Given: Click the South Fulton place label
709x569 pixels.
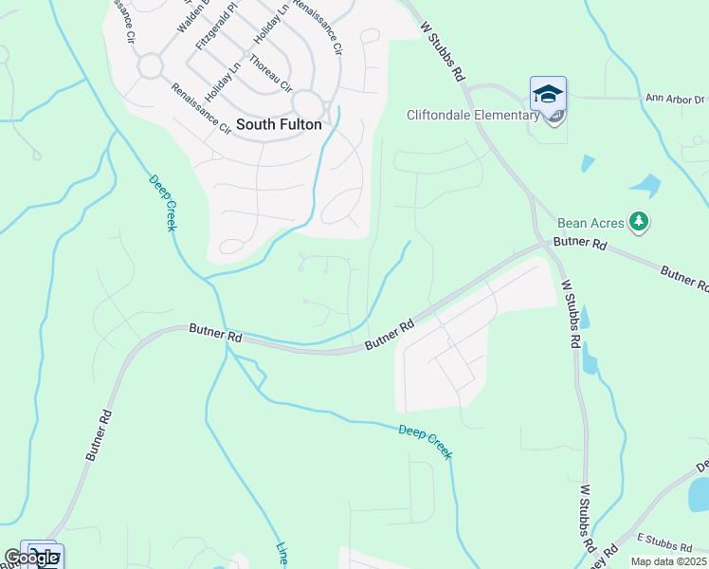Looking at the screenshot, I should [279, 124].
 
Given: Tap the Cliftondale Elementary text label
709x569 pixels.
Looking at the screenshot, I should [472, 116].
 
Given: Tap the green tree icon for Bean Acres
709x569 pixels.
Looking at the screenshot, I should [640, 222].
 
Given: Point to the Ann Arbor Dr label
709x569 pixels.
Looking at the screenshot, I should [675, 99].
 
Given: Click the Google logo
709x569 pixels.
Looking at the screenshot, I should [31, 558].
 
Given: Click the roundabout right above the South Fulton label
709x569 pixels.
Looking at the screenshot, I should [308, 104].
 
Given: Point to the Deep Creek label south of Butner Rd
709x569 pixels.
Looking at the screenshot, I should [425, 442].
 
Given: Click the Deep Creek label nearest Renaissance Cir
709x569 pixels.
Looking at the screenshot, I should [163, 203].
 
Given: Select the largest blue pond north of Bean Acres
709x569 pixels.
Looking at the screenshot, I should [645, 183].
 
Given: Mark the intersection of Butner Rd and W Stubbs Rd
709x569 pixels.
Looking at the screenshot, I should [547, 243].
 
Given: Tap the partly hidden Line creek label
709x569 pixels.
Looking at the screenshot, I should [282, 554].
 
